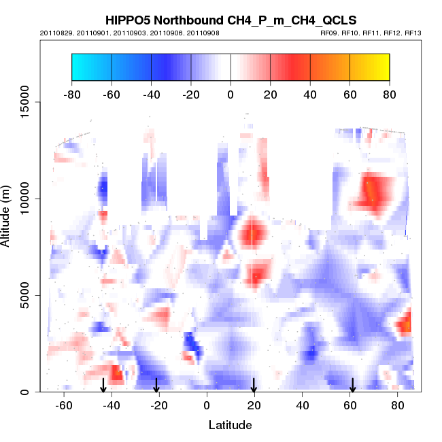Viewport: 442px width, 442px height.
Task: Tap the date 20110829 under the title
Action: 54,33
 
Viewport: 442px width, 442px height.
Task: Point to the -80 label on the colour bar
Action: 71,93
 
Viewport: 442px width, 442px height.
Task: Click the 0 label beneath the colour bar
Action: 231,93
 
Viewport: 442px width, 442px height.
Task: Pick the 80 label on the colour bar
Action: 389,93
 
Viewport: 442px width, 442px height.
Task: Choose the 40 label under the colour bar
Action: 310,93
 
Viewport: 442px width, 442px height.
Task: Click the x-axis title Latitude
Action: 230,425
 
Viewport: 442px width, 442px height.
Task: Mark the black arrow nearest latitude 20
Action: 254,385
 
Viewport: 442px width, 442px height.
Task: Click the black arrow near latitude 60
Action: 352,385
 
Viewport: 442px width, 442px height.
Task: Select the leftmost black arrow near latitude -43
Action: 103,385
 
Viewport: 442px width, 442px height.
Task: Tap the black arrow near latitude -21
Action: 156,385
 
